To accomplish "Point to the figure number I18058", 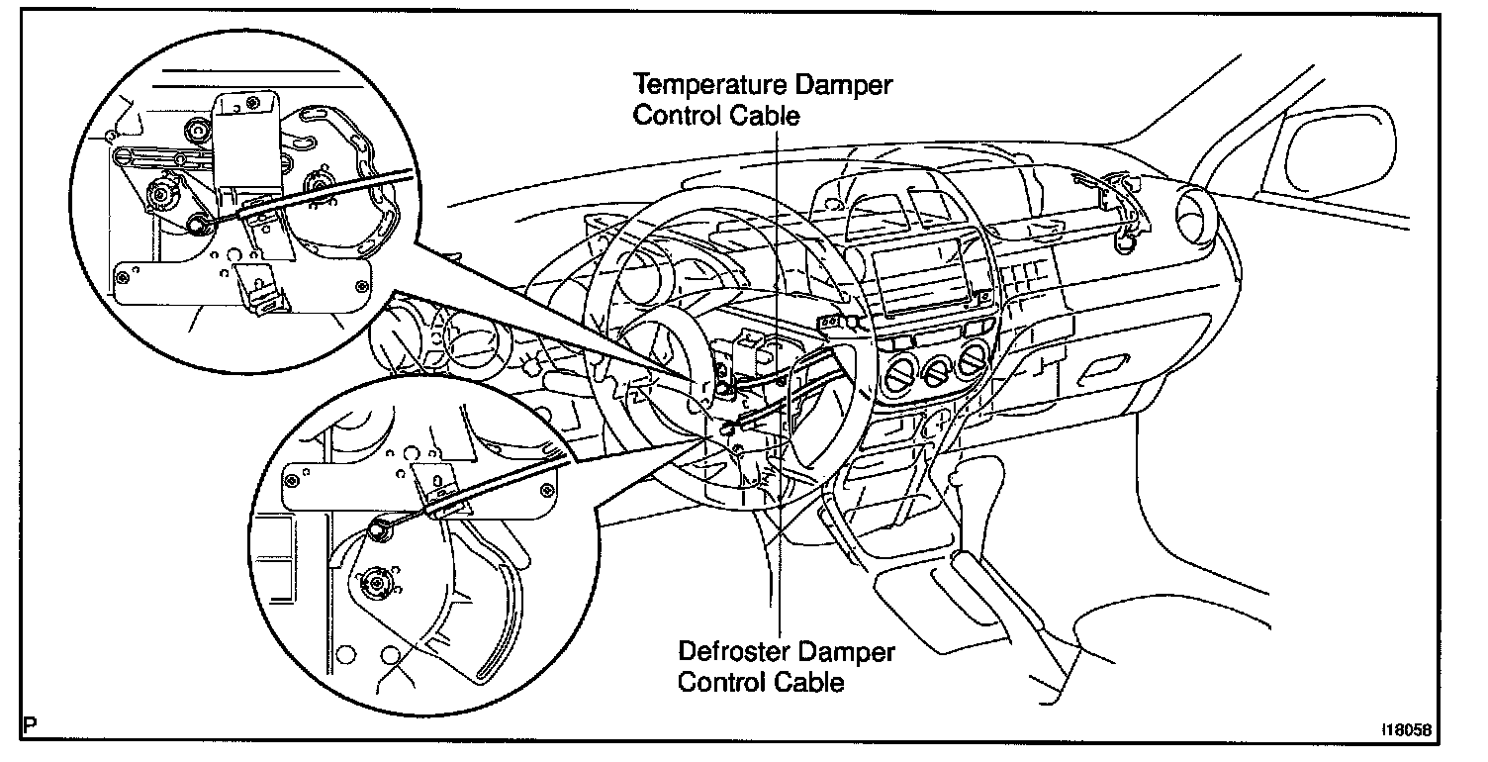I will tap(1406, 730).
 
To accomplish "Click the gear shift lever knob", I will tap(957, 480).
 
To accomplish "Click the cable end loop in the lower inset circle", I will tap(378, 531).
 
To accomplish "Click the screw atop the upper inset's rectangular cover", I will tap(255, 102).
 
